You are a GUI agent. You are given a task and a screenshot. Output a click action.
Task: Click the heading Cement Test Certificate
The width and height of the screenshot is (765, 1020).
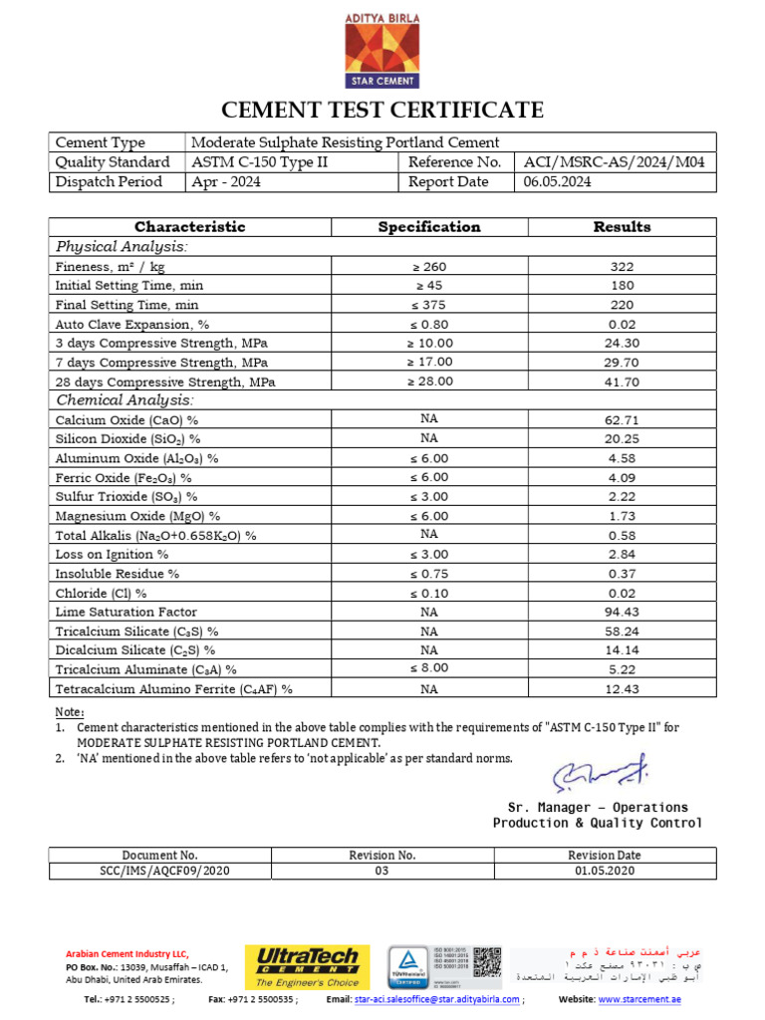pyautogui.click(x=382, y=110)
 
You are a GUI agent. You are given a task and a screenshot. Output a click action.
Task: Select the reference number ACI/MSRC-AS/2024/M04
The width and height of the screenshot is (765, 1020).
pyautogui.click(x=614, y=162)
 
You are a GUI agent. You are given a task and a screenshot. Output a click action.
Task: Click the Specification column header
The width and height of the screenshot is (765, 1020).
pyautogui.click(x=429, y=227)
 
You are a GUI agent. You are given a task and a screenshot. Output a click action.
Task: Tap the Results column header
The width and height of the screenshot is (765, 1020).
pyautogui.click(x=622, y=227)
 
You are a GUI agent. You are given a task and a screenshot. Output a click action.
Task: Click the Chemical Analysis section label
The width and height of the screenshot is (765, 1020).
pyautogui.click(x=125, y=400)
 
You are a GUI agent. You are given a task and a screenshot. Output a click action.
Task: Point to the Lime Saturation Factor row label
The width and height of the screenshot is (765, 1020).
pyautogui.click(x=127, y=612)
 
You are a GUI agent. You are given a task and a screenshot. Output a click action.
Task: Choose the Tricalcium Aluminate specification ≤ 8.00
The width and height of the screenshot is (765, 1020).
pyautogui.click(x=429, y=668)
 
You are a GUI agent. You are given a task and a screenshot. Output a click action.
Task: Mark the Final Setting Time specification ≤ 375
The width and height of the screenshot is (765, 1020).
pyautogui.click(x=429, y=305)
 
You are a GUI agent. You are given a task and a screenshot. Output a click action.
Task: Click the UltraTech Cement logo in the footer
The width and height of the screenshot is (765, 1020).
pyautogui.click(x=307, y=966)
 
